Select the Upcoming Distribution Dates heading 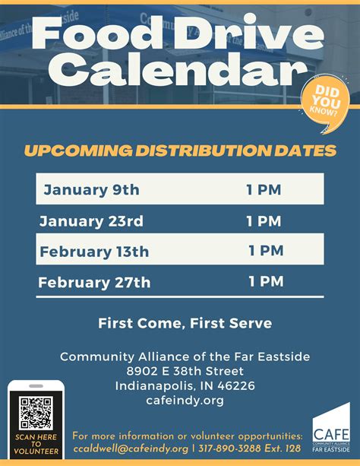[x=180, y=151]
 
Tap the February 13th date [x=94, y=252]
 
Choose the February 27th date [x=94, y=283]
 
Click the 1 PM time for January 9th [x=264, y=189]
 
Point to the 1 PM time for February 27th [x=266, y=282]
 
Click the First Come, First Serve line [x=185, y=323]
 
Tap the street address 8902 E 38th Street [x=185, y=371]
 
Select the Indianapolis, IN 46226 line [x=185, y=385]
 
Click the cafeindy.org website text [x=185, y=400]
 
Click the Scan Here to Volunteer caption [x=36, y=444]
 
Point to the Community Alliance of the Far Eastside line [x=185, y=357]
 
